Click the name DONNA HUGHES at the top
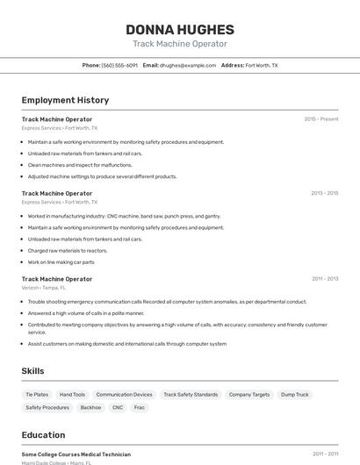coord(180,29)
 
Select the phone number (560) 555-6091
coord(119,65)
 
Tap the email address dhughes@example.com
coord(189,65)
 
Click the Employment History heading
coord(65,100)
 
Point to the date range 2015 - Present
coord(321,118)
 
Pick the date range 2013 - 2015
coord(324,193)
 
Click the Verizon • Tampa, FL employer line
coord(44,287)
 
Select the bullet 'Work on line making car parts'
coord(61,261)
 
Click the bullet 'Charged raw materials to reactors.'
coord(68,250)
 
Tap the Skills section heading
coord(32,371)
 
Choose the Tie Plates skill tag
coord(37,395)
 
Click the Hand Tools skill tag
coord(72,395)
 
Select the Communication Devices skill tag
coord(124,395)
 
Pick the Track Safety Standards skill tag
coord(191,395)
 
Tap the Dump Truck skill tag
coord(295,395)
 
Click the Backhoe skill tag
coord(90,407)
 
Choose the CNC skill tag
coord(118,407)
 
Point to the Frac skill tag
coord(140,407)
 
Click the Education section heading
coord(43,434)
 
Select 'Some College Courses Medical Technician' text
coord(76,454)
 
